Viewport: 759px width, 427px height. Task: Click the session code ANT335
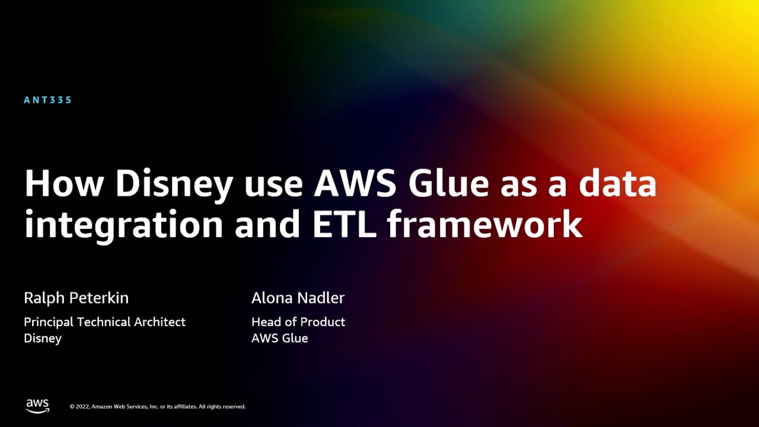(47, 100)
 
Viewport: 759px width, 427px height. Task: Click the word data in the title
(617, 184)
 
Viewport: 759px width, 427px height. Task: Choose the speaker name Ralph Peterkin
(76, 298)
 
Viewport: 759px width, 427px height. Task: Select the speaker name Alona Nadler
(298, 298)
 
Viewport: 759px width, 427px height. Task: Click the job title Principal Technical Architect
(104, 322)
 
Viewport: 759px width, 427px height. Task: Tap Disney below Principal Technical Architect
(43, 338)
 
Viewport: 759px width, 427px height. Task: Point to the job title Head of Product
(298, 322)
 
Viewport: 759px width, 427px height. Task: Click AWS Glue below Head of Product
(279, 338)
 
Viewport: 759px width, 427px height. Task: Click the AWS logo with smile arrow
(37, 406)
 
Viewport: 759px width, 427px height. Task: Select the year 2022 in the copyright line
(82, 407)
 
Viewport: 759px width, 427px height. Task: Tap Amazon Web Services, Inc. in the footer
(125, 407)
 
